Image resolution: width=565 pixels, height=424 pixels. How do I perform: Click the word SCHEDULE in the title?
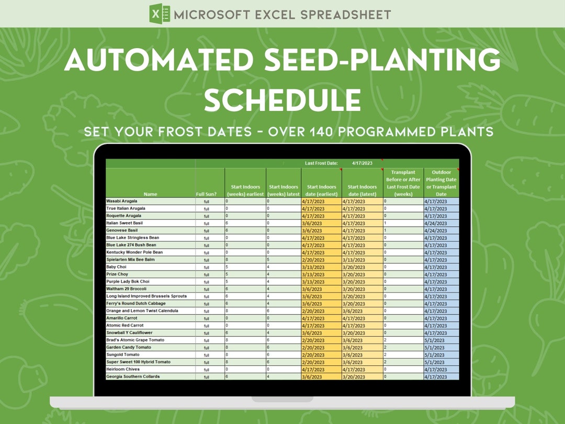(282, 99)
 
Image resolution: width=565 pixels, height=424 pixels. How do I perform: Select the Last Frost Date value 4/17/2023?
(363, 163)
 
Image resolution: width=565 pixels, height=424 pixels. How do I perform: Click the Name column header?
(150, 194)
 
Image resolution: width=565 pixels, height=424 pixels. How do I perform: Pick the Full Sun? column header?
(207, 194)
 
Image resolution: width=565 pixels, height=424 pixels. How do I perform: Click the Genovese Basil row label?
(122, 230)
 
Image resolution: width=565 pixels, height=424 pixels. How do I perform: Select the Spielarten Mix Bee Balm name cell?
(130, 260)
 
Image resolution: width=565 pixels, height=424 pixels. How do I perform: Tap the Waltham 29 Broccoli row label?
(126, 289)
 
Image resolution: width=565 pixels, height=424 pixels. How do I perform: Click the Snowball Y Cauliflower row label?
(129, 333)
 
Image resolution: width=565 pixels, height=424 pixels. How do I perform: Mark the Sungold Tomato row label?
(124, 355)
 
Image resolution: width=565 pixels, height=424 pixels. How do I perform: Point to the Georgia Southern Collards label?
(133, 377)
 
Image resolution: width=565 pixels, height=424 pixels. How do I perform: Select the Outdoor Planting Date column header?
(441, 183)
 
